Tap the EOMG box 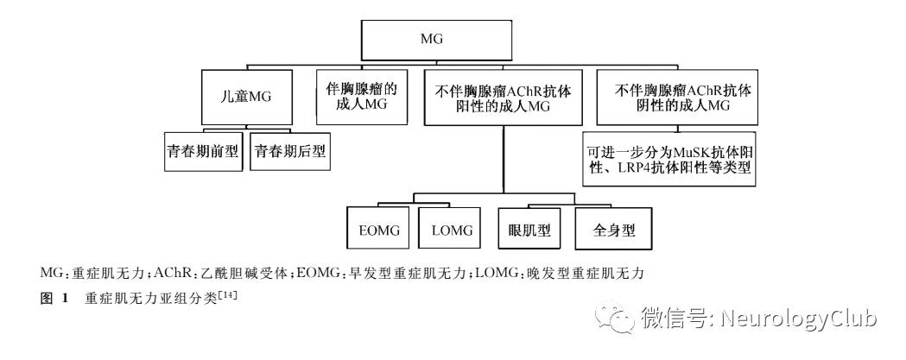click(x=377, y=230)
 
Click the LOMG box click(x=452, y=230)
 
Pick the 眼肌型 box click(x=530, y=230)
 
